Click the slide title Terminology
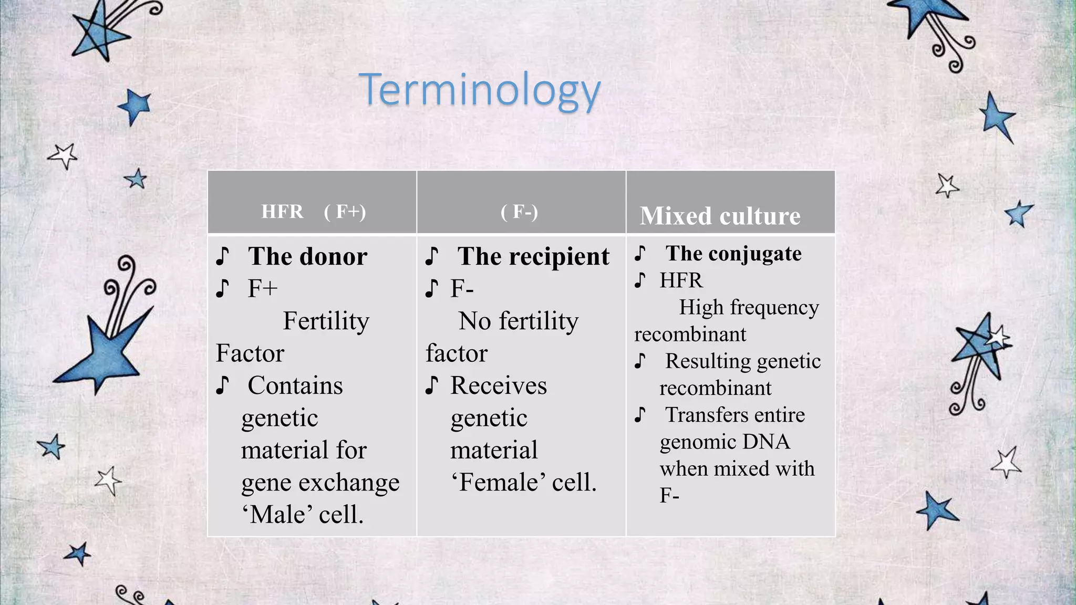coord(479,90)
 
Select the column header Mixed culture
coord(720,216)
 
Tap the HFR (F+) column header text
coord(313,212)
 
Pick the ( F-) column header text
coord(519,212)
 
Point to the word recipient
coord(559,257)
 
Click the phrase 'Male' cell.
coord(303,514)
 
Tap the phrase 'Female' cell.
coord(524,482)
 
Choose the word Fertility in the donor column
coord(326,321)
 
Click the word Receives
coord(499,385)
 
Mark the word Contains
coord(295,385)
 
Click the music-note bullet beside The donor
coord(222,256)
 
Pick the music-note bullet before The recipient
coord(431,256)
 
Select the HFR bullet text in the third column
coord(681,280)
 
